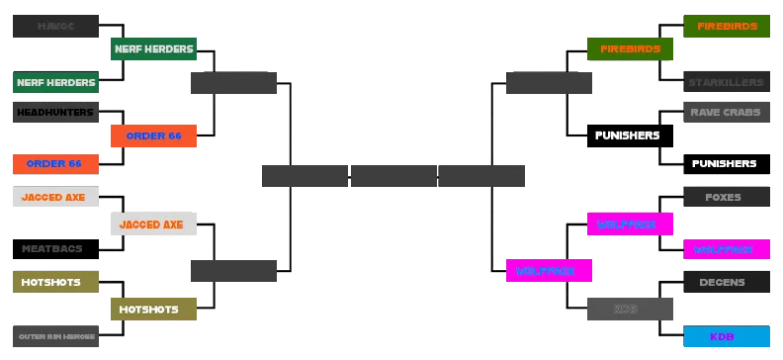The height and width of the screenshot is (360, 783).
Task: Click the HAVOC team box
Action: (x=54, y=26)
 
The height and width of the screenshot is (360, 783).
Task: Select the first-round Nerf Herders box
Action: (x=54, y=82)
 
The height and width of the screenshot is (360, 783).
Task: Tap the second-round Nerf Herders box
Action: (x=153, y=48)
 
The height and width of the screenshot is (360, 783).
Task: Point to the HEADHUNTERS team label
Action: (x=54, y=113)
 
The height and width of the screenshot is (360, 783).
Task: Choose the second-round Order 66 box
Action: (x=153, y=135)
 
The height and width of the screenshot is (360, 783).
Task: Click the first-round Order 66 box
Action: (x=54, y=163)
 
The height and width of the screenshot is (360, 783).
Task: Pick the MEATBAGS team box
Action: (x=54, y=248)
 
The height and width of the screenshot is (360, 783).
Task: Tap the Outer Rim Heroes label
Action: (x=54, y=336)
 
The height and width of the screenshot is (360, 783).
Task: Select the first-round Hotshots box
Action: (x=54, y=282)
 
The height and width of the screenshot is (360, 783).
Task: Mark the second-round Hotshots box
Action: (x=153, y=310)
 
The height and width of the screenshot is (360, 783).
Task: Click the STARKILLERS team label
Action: (x=726, y=82)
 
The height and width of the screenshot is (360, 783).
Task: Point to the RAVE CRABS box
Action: (x=726, y=113)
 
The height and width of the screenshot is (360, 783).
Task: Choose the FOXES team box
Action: (x=726, y=197)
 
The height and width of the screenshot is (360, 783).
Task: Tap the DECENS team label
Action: (x=726, y=282)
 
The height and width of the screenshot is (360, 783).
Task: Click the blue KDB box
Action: (x=726, y=336)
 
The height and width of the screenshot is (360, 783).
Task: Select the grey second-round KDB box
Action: (x=628, y=310)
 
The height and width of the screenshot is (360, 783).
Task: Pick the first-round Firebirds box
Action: (x=726, y=26)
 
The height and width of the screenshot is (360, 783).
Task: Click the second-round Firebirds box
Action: (x=628, y=48)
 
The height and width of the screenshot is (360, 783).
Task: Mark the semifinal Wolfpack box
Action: (x=549, y=269)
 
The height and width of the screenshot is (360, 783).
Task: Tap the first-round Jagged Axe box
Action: (x=54, y=197)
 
